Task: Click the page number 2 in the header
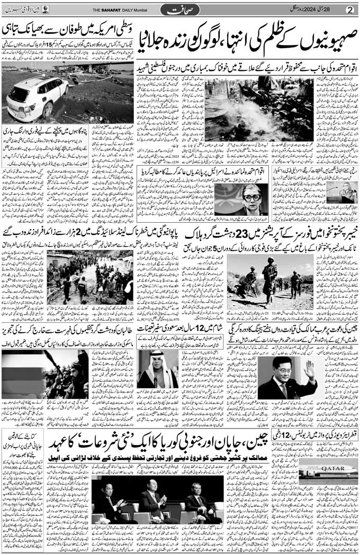349,10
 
